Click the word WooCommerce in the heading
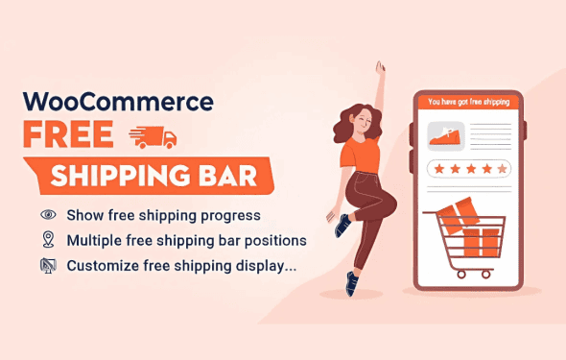coord(118,102)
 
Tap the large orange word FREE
coord(68,134)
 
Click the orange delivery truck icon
coord(153,137)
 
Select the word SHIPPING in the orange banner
coord(120,176)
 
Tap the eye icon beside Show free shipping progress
coord(48,215)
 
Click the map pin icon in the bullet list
coord(48,240)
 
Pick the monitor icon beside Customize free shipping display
coord(48,266)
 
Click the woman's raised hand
coord(380,68)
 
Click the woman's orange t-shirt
coord(361,155)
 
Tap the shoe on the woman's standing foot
coord(351,284)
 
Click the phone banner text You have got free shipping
coord(468,102)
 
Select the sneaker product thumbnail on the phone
coord(446,136)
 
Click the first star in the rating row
coord(439,169)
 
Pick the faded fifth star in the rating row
coord(502,169)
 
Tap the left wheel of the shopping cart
coord(461,275)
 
